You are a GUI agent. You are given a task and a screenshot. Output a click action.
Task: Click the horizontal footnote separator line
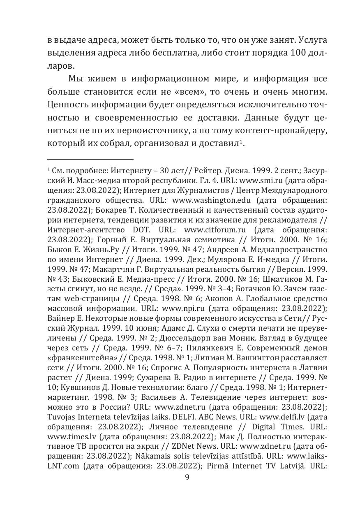(x=90, y=159)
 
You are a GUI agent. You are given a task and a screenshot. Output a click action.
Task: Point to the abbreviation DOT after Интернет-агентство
(x=142, y=229)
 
